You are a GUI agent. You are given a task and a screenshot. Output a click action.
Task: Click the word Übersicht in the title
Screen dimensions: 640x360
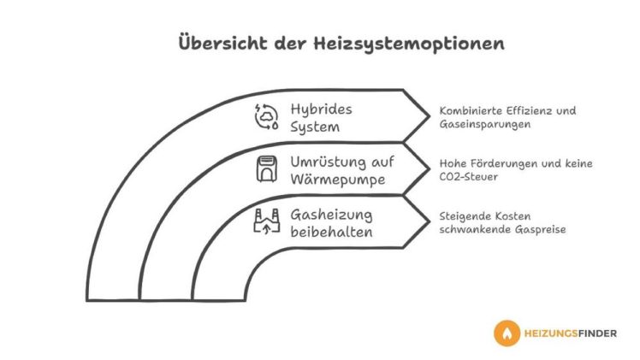pos(222,43)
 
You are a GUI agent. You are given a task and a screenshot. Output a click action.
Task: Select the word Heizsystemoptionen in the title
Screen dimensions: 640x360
pos(409,44)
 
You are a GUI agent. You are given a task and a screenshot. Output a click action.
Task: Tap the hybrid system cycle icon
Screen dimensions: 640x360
pos(266,117)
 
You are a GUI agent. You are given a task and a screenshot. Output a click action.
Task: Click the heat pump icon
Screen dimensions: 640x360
pos(267,168)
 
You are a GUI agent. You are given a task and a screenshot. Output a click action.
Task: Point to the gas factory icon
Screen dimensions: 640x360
pos(267,221)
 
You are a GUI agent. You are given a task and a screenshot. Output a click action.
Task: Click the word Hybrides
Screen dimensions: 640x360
pos(321,109)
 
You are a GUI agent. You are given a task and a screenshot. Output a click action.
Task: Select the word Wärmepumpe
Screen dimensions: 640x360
pos(338,180)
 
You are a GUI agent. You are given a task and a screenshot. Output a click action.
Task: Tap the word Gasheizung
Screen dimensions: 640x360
pos(331,215)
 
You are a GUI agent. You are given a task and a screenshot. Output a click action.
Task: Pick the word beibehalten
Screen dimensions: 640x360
pos(331,232)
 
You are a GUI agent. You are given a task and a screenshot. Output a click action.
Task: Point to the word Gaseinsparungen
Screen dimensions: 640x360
pos(485,124)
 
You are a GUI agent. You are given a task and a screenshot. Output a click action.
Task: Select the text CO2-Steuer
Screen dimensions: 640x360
pos(469,176)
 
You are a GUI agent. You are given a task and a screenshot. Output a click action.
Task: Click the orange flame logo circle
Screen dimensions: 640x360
pos(507,333)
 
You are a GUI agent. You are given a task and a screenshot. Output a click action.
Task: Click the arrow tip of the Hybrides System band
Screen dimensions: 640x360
pos(429,116)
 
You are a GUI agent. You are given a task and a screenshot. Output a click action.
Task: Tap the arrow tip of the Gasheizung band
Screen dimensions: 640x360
pos(429,221)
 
